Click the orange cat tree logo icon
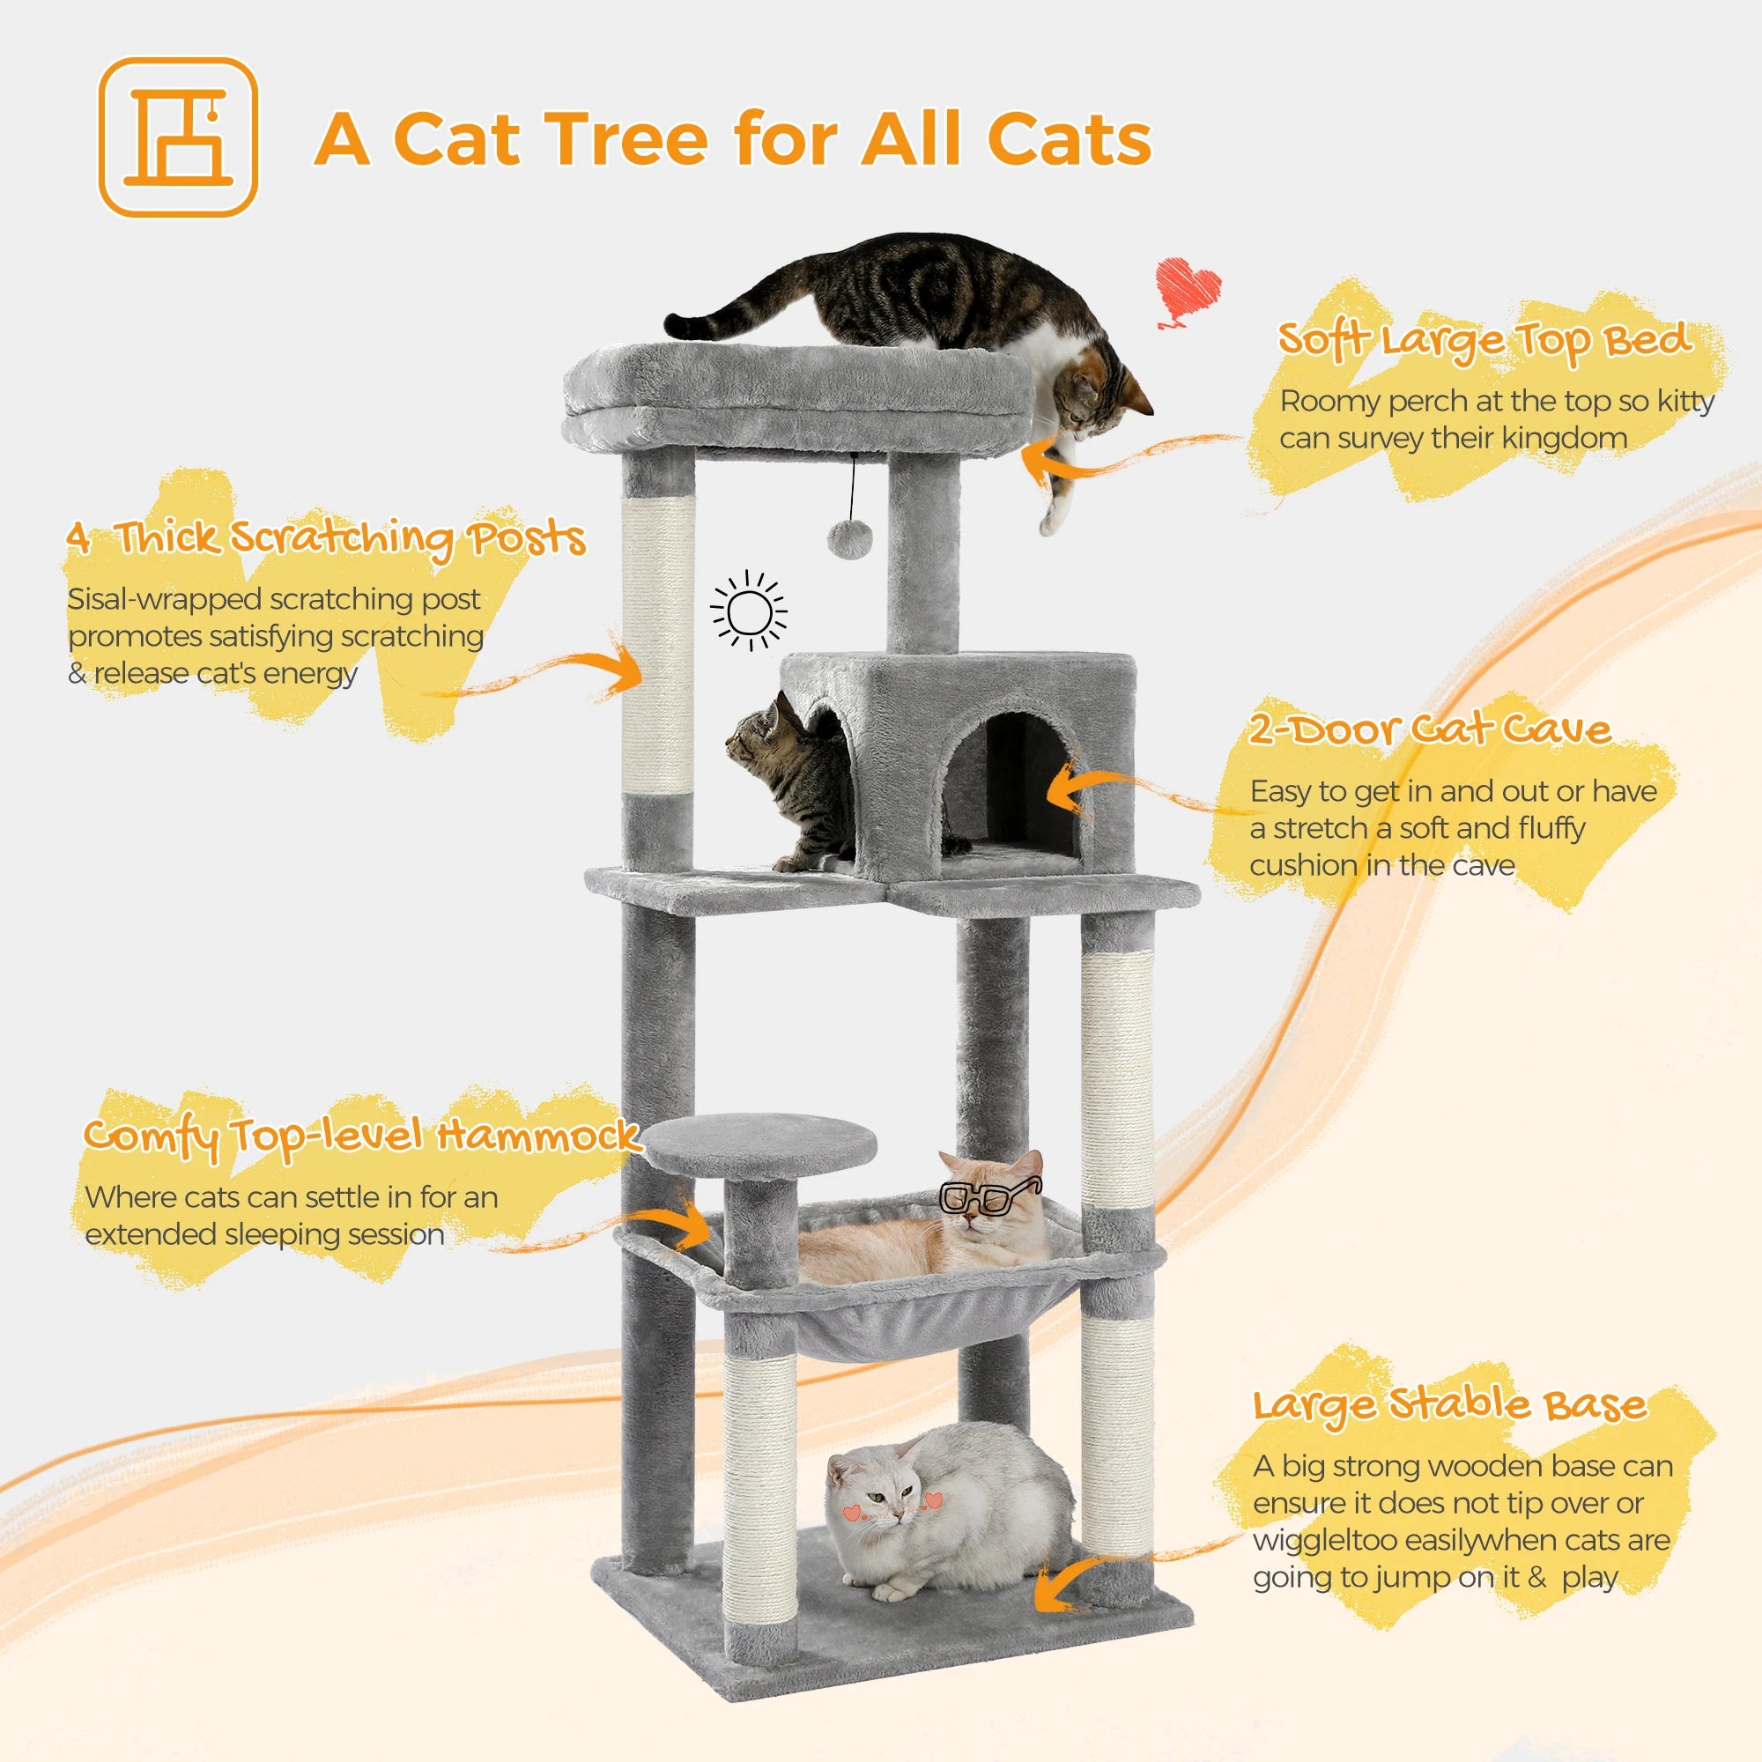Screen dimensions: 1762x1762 178,137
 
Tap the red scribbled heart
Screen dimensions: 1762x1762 1187,291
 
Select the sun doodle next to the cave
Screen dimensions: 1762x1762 749,611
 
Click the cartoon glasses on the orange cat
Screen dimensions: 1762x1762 987,1196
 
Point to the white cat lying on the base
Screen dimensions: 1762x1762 949,1509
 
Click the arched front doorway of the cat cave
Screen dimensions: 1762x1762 1015,792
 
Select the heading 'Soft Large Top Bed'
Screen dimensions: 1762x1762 1484,340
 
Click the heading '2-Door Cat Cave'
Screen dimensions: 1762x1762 1429,729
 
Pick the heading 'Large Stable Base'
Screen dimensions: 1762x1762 1449,1405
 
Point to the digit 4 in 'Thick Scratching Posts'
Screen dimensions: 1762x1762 79,537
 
